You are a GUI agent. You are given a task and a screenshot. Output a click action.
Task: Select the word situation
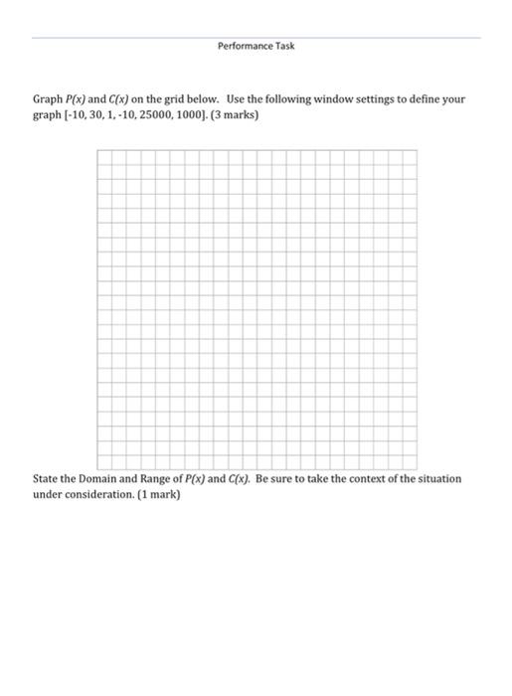coord(436,479)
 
